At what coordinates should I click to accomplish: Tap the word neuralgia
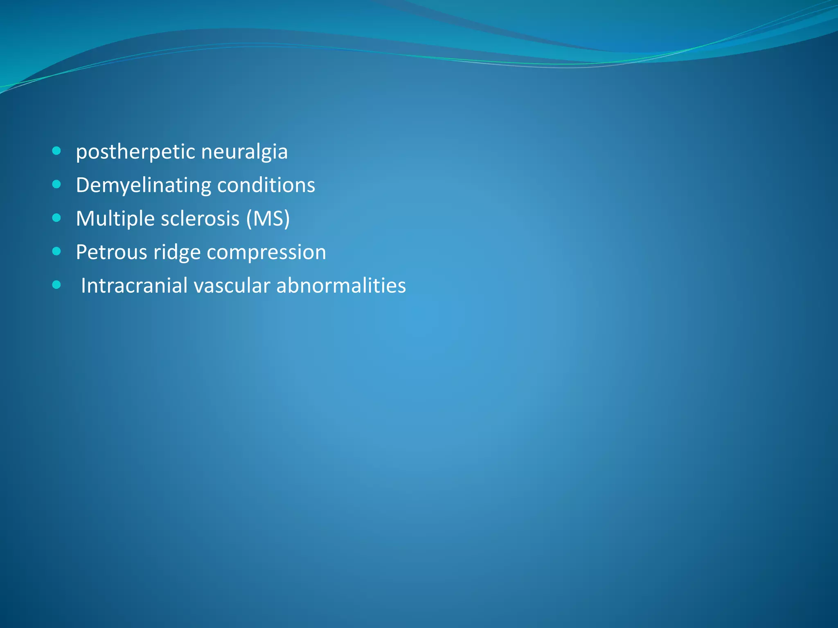pyautogui.click(x=244, y=152)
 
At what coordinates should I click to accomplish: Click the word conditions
pyautogui.click(x=266, y=185)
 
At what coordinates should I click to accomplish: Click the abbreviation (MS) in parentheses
pyautogui.click(x=268, y=219)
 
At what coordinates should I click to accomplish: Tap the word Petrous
pyautogui.click(x=111, y=252)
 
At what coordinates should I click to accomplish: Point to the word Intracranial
pyautogui.click(x=134, y=285)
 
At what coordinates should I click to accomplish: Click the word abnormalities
pyautogui.click(x=341, y=285)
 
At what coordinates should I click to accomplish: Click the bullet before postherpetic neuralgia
pyautogui.click(x=57, y=151)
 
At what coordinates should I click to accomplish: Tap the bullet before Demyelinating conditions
pyautogui.click(x=57, y=184)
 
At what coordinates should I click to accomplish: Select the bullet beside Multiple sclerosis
pyautogui.click(x=57, y=218)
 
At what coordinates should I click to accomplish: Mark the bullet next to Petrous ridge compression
pyautogui.click(x=57, y=251)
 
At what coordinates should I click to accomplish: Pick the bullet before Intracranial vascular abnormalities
pyautogui.click(x=57, y=285)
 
